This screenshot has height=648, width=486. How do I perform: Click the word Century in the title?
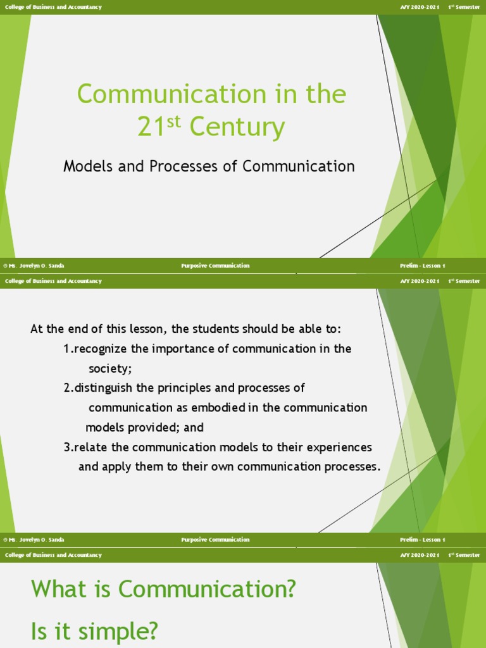[237, 128]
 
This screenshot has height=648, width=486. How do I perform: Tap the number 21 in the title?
[152, 128]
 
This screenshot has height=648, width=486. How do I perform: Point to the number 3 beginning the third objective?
[66, 447]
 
